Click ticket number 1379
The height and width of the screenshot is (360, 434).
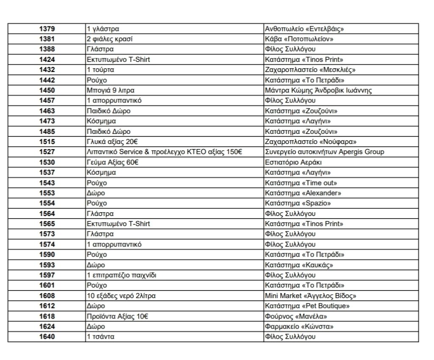[47, 29]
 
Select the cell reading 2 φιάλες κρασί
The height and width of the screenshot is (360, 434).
[109, 39]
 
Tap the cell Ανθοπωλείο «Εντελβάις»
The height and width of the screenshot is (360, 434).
[303, 29]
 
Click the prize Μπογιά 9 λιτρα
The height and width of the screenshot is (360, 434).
[111, 90]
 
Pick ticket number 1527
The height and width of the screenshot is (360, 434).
[47, 152]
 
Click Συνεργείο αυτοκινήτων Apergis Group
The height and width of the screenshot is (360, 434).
[324, 152]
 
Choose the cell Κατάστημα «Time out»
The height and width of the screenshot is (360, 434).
[300, 183]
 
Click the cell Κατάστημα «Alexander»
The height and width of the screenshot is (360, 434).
[303, 193]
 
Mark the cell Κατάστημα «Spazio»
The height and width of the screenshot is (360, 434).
[298, 203]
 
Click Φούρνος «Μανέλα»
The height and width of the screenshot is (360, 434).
[295, 316]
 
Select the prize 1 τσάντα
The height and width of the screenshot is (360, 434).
[100, 337]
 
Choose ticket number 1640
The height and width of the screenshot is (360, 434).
[47, 337]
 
